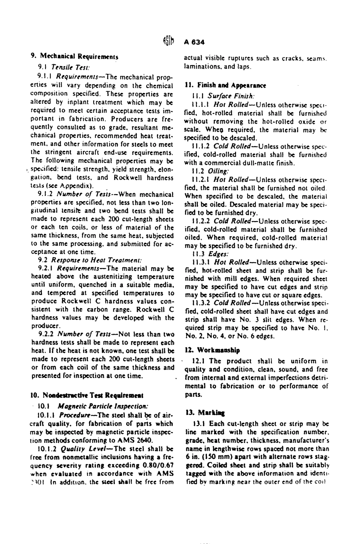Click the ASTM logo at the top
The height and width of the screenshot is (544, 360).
pyautogui.click(x=169, y=42)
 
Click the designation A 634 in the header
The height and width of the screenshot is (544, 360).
pyautogui.click(x=194, y=42)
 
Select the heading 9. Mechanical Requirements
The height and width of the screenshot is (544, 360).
pyautogui.click(x=74, y=57)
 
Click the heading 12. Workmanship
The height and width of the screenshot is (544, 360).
pyautogui.click(x=212, y=350)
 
